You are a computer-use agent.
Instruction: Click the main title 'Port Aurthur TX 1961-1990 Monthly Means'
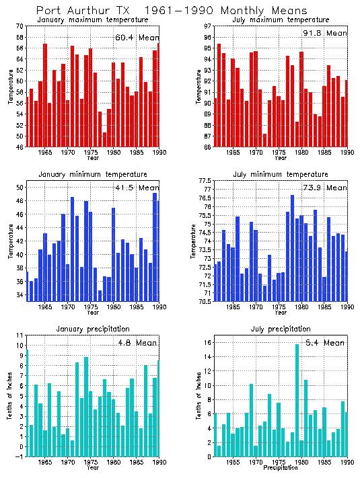[162, 11]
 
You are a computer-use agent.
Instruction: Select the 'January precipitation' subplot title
[92, 329]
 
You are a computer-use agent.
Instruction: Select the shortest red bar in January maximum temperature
[104, 139]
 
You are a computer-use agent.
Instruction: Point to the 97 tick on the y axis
[206, 26]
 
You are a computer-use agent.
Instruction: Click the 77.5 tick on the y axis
[204, 181]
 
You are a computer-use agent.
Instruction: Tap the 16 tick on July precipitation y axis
[207, 342]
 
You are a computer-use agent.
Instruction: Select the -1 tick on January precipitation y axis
[20, 456]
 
